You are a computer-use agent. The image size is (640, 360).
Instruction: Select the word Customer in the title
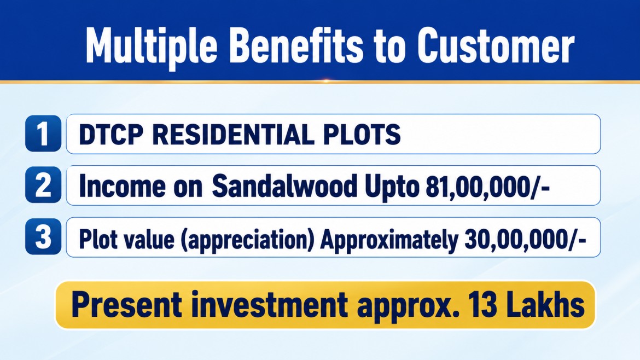coord(496,46)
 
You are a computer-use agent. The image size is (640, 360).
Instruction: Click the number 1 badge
coord(43,133)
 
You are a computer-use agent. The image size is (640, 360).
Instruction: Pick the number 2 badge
coord(43,185)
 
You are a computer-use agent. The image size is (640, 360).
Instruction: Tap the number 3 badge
coord(43,237)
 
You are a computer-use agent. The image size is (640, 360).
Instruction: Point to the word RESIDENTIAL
coord(233,134)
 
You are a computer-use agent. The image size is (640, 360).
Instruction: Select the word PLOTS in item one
coord(362,134)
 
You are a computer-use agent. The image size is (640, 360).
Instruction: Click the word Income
coord(122,185)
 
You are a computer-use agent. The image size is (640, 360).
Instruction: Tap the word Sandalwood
coord(284,185)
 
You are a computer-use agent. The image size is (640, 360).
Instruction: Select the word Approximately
coord(389,239)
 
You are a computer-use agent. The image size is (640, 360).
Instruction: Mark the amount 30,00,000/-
coord(525,239)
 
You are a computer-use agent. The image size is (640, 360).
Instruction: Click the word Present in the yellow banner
coord(126,305)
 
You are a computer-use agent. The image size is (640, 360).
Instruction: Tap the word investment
coord(270,305)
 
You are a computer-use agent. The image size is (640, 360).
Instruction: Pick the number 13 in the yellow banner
coord(482,305)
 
